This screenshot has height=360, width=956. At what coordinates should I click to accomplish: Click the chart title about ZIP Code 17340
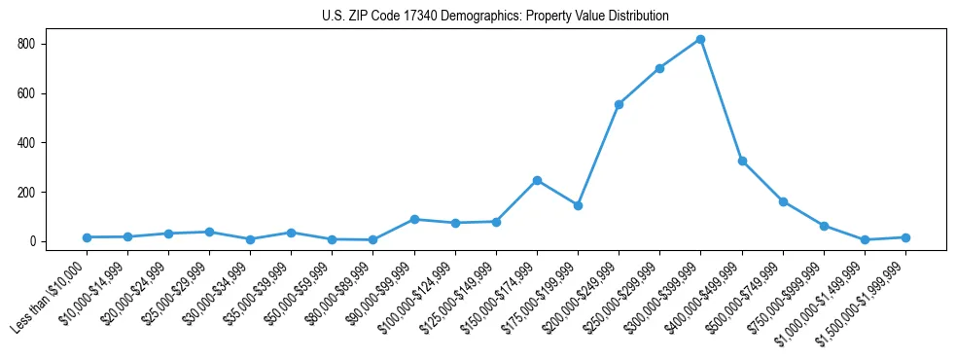click(495, 17)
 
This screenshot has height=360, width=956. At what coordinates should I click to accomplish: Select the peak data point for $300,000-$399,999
click(700, 40)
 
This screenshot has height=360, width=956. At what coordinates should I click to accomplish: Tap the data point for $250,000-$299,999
click(659, 68)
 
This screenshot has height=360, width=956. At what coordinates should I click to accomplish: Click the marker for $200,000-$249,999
click(619, 104)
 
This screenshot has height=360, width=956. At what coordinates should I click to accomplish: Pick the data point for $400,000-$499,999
click(742, 161)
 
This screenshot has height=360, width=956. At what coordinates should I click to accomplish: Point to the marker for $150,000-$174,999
click(537, 180)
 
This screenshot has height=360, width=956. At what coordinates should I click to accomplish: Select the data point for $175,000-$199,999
click(578, 205)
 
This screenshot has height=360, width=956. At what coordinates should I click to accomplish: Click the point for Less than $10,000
click(87, 237)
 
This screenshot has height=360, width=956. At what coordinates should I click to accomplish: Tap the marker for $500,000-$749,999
click(783, 201)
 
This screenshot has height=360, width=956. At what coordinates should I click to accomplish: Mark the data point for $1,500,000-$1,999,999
click(905, 237)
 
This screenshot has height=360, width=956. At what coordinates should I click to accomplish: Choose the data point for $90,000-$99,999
click(414, 219)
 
